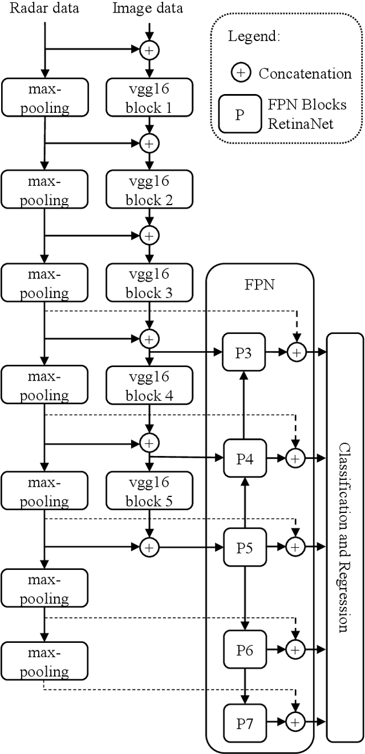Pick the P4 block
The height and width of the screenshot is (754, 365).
(x=244, y=457)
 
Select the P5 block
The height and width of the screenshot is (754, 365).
(x=244, y=547)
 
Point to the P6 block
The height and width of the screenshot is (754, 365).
(x=244, y=649)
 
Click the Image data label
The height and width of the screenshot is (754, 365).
(x=148, y=9)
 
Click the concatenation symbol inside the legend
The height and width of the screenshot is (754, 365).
(x=240, y=74)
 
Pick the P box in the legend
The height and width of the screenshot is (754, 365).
(x=240, y=113)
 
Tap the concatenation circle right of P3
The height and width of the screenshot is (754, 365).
(x=295, y=353)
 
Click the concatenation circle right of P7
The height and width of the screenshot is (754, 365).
(x=295, y=722)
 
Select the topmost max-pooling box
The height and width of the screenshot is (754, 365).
(x=44, y=98)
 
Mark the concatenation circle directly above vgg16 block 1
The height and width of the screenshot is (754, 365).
(x=149, y=50)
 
